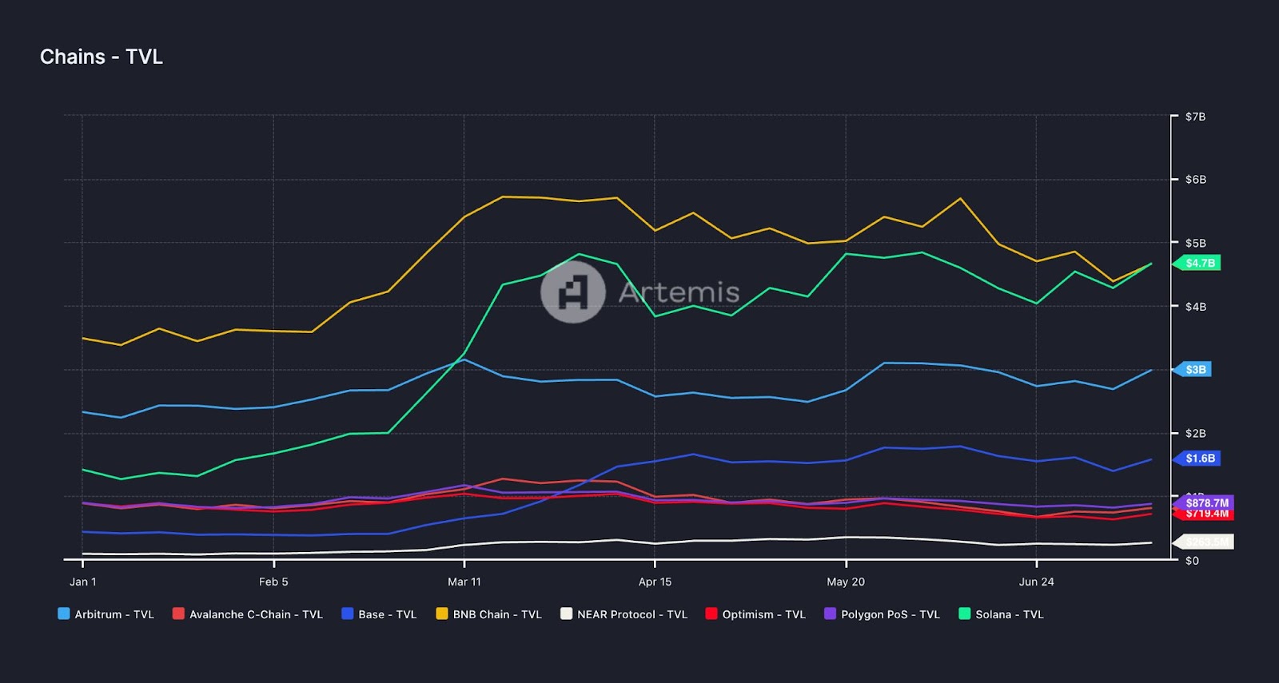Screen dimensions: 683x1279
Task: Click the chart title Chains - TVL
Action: point(102,57)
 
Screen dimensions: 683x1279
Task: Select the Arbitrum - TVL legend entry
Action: point(106,614)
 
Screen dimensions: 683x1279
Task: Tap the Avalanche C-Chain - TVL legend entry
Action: point(248,614)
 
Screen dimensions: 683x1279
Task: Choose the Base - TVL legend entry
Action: point(379,614)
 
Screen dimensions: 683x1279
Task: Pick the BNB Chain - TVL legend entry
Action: point(488,614)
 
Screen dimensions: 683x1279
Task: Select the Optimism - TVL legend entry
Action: point(755,614)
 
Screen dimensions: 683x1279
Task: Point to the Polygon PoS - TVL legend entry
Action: point(882,614)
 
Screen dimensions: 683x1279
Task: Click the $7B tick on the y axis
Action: point(1195,117)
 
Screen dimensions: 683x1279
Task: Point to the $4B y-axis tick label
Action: point(1195,307)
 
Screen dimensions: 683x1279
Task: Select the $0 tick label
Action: point(1192,561)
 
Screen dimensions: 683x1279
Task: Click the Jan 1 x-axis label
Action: point(82,582)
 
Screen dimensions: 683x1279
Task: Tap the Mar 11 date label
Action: point(464,582)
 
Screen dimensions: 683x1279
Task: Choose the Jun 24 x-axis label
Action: point(1036,582)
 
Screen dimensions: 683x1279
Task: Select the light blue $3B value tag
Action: point(1194,370)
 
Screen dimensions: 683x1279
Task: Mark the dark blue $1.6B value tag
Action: point(1199,459)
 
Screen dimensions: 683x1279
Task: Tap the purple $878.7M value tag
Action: point(1206,502)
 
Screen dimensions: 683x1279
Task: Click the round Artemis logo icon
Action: point(572,292)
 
